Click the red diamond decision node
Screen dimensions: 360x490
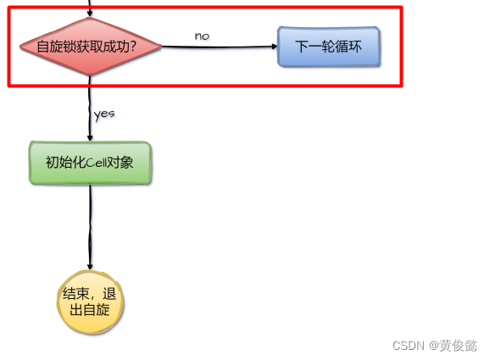[x=90, y=47]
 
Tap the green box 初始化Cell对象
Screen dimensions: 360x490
[x=90, y=163]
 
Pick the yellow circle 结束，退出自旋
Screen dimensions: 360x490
[x=90, y=302]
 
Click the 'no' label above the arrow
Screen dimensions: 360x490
[x=202, y=36]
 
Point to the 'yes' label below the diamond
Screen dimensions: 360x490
[x=104, y=113]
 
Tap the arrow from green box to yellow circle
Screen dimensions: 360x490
[x=90, y=224]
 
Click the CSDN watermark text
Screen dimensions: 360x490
[x=409, y=346]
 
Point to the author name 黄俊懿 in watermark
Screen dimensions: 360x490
[x=458, y=346]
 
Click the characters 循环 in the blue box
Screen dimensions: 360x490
[x=349, y=47]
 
